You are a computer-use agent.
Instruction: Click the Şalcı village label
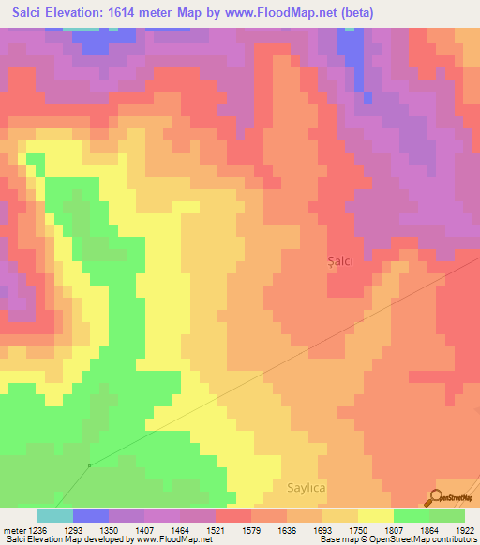click(x=339, y=261)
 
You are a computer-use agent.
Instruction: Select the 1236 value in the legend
click(x=35, y=531)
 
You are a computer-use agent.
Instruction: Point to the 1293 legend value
click(x=73, y=531)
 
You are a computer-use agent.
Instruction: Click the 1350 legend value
click(x=109, y=531)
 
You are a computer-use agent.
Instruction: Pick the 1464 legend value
click(x=180, y=531)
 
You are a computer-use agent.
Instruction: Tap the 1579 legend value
click(x=251, y=531)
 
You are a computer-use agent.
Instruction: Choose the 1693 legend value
click(x=322, y=531)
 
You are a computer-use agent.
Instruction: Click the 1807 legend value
click(x=394, y=531)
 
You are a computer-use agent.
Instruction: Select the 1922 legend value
click(x=465, y=531)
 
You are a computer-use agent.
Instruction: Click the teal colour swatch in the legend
click(x=55, y=516)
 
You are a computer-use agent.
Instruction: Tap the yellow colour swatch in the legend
click(x=376, y=516)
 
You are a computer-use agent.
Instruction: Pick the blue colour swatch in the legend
click(x=91, y=516)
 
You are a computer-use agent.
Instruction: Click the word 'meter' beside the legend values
click(x=12, y=531)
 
